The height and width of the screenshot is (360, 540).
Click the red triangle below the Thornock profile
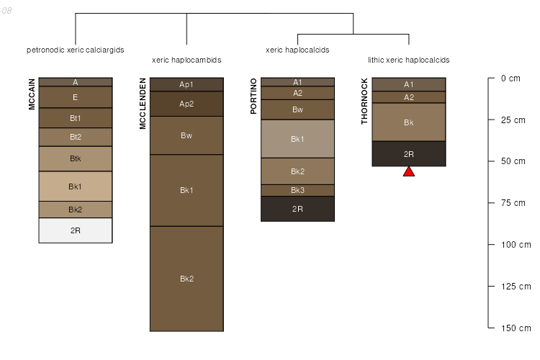(x=409, y=171)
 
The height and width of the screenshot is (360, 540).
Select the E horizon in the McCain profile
(x=76, y=97)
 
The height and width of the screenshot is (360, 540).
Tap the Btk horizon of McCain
(x=76, y=158)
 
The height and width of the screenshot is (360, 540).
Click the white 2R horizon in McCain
(x=76, y=230)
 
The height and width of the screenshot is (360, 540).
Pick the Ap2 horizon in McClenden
(x=186, y=104)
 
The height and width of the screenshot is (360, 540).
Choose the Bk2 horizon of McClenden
(x=186, y=279)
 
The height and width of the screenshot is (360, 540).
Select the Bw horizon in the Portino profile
(x=297, y=109)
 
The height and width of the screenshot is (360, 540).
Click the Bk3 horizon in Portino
(x=297, y=190)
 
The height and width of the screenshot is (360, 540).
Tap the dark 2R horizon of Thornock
(x=409, y=154)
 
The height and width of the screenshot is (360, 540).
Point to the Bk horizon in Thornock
(x=409, y=122)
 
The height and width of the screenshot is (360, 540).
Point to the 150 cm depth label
(x=516, y=328)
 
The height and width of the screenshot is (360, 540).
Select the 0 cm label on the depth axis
(x=510, y=78)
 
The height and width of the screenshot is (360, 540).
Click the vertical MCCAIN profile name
(x=32, y=94)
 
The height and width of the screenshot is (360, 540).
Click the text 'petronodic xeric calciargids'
(x=76, y=50)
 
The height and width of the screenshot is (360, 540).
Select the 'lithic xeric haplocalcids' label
(x=408, y=60)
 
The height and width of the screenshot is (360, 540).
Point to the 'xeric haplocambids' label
(x=186, y=60)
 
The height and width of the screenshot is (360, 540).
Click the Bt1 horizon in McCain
(x=76, y=118)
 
